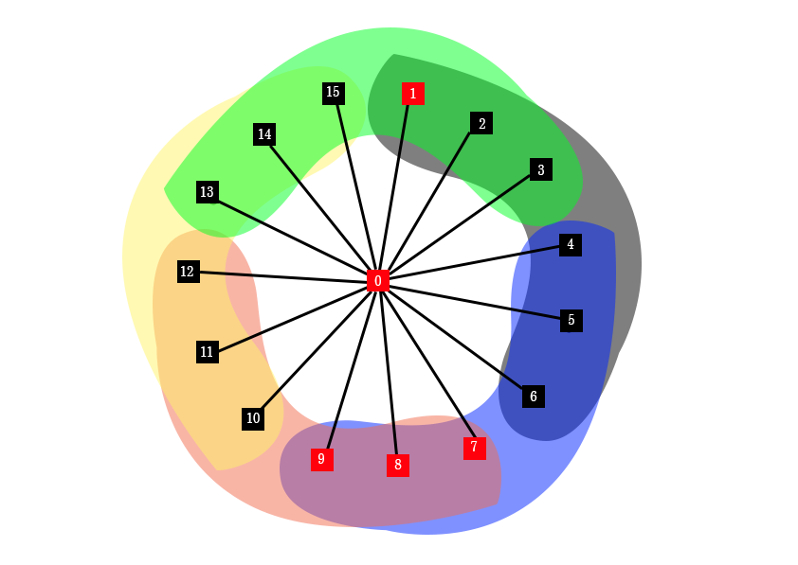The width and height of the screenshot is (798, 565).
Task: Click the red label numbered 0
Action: [378, 281]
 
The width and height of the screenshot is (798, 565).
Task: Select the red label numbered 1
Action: [412, 94]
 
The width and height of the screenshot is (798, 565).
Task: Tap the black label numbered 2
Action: [481, 123]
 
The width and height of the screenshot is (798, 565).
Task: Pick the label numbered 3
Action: [541, 170]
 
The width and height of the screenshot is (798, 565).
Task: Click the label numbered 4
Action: [571, 245]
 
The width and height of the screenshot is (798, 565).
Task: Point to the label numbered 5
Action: [571, 321]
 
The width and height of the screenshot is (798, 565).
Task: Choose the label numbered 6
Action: [534, 397]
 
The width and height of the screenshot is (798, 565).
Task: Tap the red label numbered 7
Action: [475, 448]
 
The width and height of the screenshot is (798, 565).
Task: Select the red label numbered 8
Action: [398, 465]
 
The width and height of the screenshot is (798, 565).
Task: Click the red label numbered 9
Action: [321, 459]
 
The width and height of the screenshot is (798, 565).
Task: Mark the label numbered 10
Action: [253, 418]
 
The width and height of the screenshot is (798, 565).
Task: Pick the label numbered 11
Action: [208, 352]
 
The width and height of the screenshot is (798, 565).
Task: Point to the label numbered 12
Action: [188, 272]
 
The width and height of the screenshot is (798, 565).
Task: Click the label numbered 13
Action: [208, 192]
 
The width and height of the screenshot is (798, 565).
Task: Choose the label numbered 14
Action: [264, 134]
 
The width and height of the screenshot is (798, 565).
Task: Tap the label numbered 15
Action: [333, 92]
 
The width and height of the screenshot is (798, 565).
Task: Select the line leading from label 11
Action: [240, 342]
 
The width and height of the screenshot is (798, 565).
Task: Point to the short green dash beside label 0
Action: [396, 282]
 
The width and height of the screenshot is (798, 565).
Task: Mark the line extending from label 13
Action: [241, 212]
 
